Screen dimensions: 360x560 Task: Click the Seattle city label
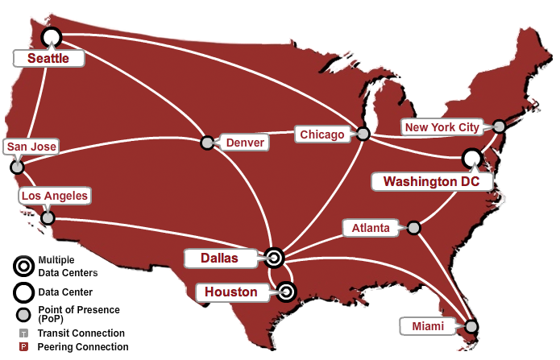click(x=49, y=58)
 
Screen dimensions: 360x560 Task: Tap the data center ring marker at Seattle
click(x=52, y=36)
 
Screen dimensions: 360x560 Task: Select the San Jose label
click(x=31, y=147)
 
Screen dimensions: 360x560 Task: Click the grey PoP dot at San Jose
click(x=16, y=168)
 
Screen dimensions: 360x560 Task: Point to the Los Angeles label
click(x=55, y=195)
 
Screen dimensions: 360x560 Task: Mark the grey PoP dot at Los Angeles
click(x=48, y=217)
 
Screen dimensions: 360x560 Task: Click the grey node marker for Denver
click(x=207, y=143)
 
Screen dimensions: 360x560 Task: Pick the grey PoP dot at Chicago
click(x=363, y=134)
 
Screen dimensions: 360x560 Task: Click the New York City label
click(x=442, y=127)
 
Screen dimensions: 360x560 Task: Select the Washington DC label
click(x=431, y=181)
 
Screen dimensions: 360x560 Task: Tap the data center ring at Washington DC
click(x=471, y=158)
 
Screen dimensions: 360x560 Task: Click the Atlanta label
click(x=371, y=228)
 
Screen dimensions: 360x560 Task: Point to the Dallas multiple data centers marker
click(x=274, y=258)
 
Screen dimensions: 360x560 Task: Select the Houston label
click(x=230, y=292)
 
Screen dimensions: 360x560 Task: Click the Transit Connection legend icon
click(x=23, y=333)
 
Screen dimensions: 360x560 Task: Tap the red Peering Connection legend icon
click(x=23, y=347)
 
